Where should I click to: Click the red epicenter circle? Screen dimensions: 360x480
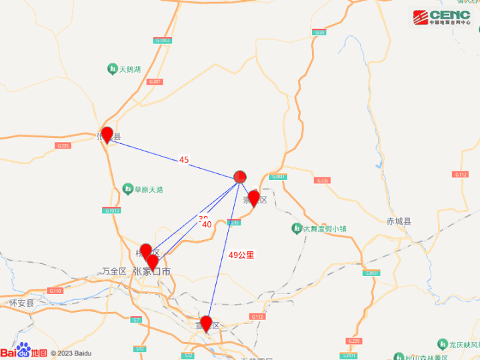(241, 177)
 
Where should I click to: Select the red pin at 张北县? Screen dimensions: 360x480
(107, 135)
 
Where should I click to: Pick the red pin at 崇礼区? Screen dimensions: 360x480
(254, 198)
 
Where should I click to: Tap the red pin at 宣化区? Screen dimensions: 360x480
(206, 323)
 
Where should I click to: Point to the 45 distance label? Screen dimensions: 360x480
(184, 160)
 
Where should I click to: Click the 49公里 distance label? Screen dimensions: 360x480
(241, 255)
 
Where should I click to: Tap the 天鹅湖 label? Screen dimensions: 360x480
(125, 69)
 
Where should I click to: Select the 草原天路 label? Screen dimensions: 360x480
(144, 189)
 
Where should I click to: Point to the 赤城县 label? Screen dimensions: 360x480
(399, 221)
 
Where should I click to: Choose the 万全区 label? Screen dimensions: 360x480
(114, 271)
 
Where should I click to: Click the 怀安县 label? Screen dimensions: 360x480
(21, 303)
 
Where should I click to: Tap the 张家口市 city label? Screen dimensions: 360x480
(151, 271)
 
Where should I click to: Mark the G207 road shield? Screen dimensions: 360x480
(155, 81)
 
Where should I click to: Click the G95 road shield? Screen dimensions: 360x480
(320, 32)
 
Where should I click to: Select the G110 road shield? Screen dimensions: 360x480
(55, 291)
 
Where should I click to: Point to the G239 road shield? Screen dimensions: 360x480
(354, 341)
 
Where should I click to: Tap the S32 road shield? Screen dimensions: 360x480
(189, 355)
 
